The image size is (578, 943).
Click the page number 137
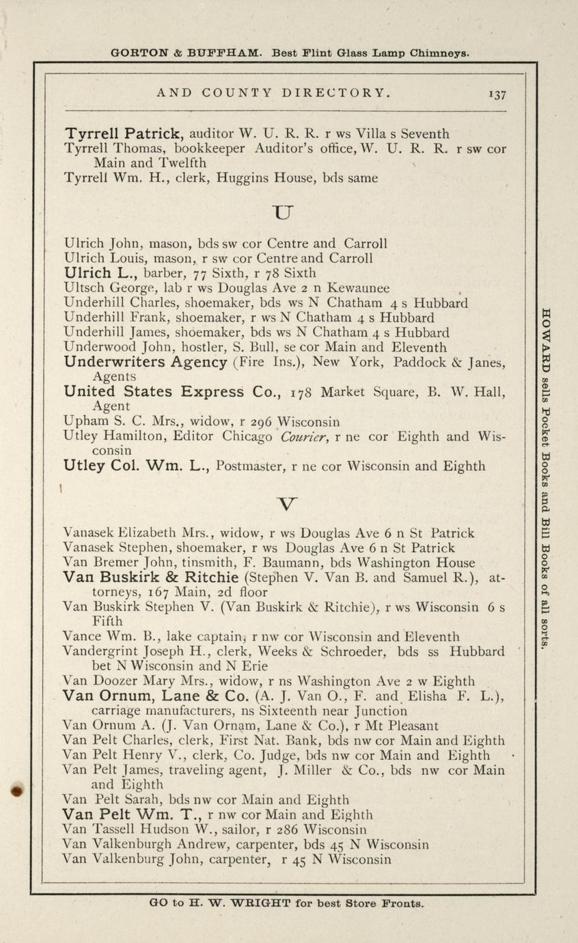(496, 94)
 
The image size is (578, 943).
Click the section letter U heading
(281, 211)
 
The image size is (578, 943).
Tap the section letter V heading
(288, 504)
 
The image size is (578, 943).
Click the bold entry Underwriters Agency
(145, 362)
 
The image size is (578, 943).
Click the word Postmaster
(249, 467)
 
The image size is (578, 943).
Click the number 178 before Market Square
(303, 393)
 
